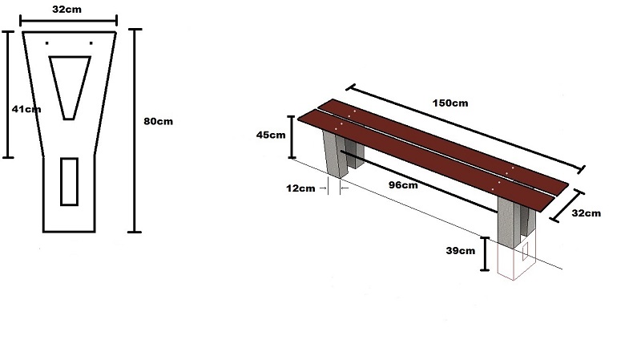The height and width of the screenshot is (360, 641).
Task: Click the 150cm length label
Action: (x=450, y=103)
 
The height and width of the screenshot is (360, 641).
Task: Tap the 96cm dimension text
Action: (x=403, y=185)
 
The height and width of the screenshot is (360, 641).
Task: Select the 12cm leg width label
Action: (x=301, y=188)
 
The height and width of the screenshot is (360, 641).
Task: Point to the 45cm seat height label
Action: (x=271, y=135)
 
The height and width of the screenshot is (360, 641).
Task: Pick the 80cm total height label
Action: (x=158, y=121)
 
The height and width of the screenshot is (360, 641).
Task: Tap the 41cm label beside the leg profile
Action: (x=21, y=108)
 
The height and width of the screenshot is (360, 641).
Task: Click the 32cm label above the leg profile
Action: (x=69, y=10)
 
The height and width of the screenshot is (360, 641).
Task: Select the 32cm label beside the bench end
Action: (x=586, y=213)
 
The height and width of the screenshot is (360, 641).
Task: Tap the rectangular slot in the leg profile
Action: (x=69, y=180)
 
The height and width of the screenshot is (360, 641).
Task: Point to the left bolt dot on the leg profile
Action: (x=47, y=42)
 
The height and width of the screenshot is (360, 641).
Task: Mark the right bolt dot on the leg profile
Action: (x=91, y=42)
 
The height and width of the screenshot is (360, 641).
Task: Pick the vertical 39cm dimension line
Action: (x=486, y=253)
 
